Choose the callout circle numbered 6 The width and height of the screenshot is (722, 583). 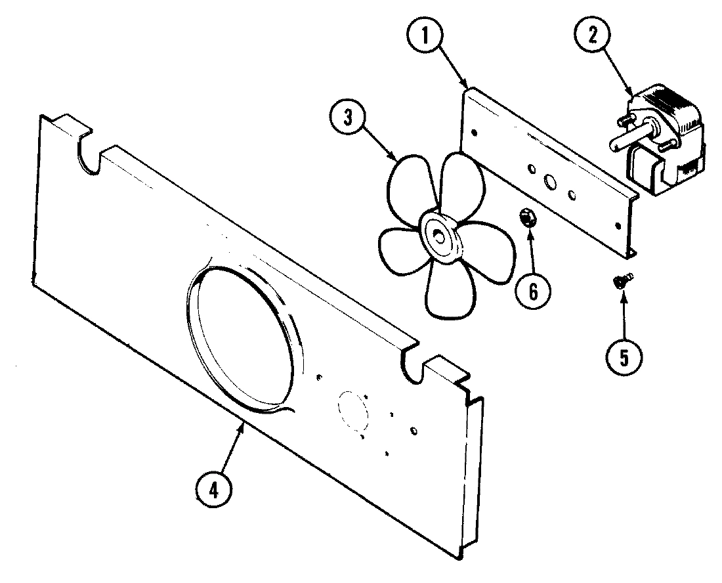[532, 291]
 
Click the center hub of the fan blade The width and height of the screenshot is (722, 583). [438, 234]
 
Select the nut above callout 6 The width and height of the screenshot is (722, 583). [528, 218]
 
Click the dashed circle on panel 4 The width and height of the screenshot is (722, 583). [353, 410]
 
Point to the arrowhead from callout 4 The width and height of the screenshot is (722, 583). [244, 427]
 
